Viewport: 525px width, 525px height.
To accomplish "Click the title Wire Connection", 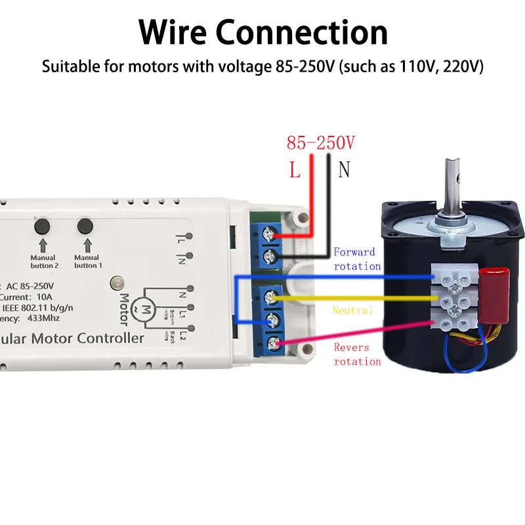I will point(263,31).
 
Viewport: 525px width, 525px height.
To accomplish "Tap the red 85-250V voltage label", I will point(320,143).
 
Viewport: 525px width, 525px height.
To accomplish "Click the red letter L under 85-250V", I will point(295,170).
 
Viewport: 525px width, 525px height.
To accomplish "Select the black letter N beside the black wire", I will point(344,170).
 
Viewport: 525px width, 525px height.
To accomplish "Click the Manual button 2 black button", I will point(43,226).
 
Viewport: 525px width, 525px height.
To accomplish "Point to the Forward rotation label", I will point(358,259).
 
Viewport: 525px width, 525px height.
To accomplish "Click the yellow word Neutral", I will point(352,310).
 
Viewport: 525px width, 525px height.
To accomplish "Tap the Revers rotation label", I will point(357,354).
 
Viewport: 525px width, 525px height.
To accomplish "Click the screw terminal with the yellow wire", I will point(270,299).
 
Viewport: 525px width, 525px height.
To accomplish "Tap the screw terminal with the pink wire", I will point(270,341).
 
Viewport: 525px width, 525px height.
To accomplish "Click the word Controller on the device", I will point(110,339).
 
